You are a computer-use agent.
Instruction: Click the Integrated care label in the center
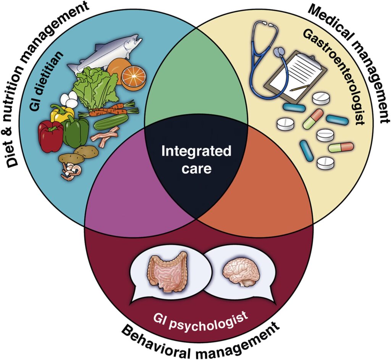pyautogui.click(x=196, y=160)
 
